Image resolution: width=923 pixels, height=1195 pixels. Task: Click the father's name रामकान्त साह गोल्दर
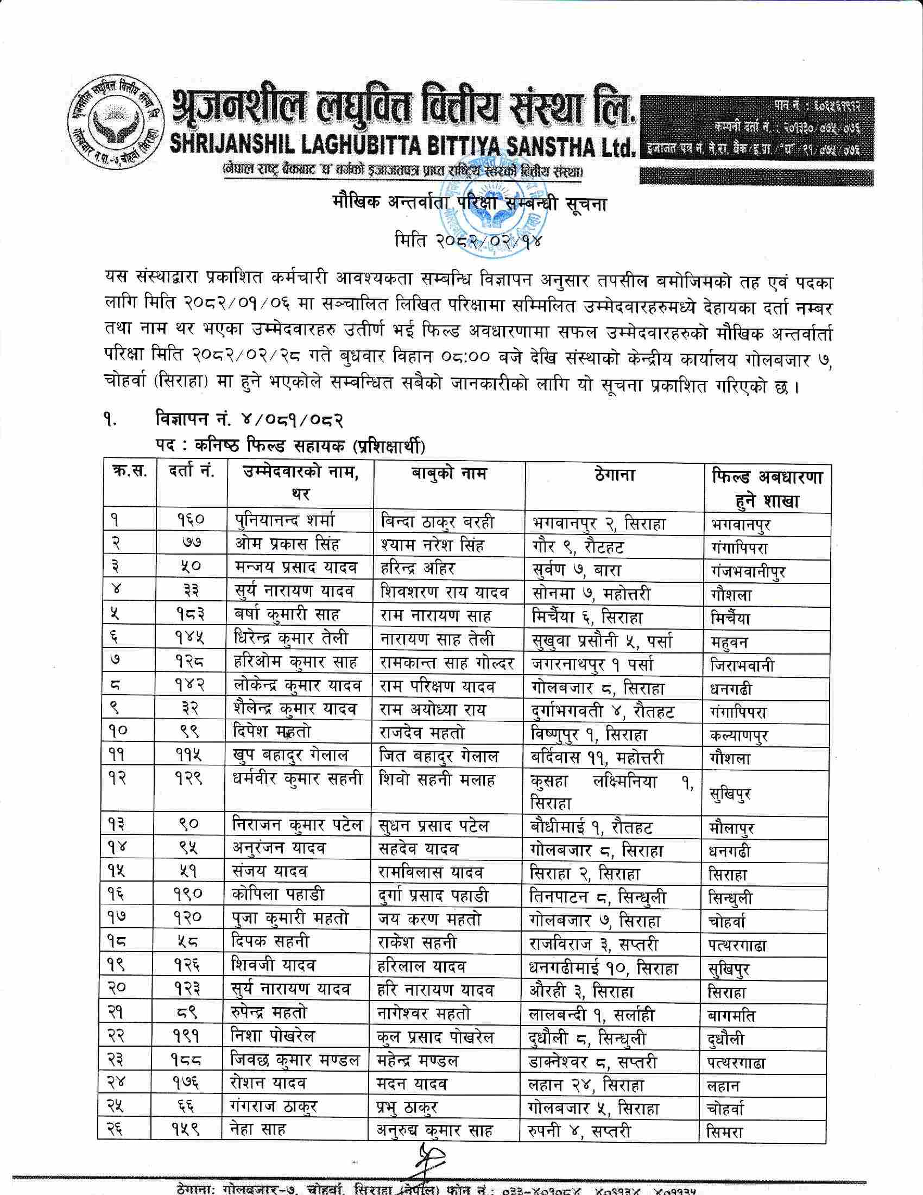447,664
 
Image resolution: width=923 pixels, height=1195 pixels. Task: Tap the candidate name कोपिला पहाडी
277,896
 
